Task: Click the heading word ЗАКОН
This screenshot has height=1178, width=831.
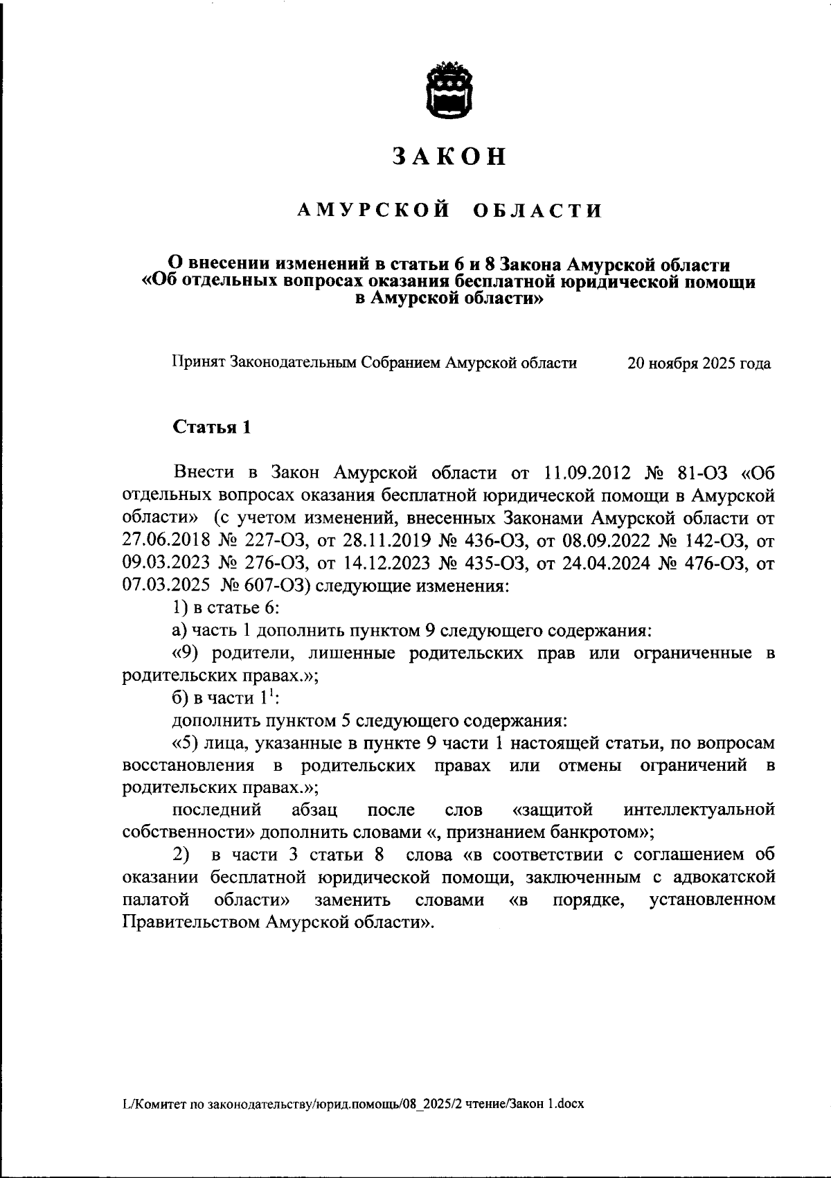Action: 450,157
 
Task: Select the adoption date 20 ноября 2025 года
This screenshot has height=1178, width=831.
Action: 698,363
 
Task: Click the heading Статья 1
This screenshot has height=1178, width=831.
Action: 211,427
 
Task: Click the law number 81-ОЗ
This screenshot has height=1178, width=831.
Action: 702,473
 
